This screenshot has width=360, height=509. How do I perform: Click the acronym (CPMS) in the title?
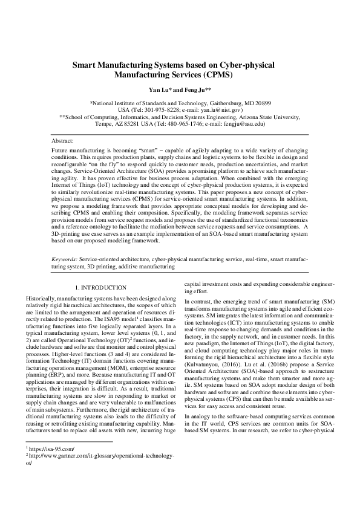[214, 76]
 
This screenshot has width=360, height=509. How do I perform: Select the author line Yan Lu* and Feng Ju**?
[180, 89]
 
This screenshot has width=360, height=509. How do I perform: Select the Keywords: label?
[67, 259]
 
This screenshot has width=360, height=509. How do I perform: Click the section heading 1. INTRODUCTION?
[99, 288]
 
